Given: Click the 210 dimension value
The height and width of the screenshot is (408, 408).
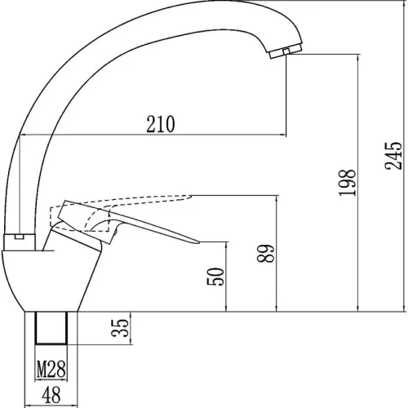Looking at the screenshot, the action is click(161, 124).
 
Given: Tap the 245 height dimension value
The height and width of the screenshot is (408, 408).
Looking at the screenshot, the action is click(393, 156).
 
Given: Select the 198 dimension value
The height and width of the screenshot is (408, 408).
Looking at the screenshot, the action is click(348, 183).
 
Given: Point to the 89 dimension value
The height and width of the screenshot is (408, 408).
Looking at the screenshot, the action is click(266, 254).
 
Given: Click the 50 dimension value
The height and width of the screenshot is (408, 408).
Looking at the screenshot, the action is click(215, 277).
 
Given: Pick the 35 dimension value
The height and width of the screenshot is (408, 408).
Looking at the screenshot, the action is click(120, 328).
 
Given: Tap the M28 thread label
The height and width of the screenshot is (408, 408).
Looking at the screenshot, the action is click(51, 370).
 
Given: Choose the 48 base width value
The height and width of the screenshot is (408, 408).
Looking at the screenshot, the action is click(51, 395).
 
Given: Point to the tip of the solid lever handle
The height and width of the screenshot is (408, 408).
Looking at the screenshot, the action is click(199, 242).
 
